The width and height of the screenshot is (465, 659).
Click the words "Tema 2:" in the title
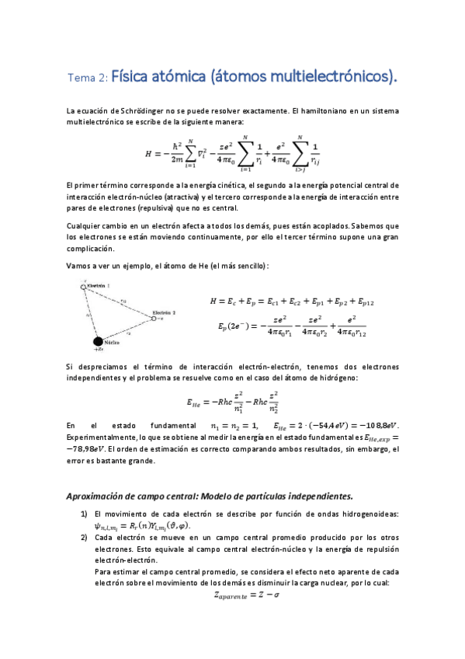pyautogui.click(x=88, y=78)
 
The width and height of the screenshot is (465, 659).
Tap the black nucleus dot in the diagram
pyautogui.click(x=98, y=340)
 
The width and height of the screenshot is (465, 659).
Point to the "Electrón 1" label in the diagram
pyautogui.click(x=99, y=286)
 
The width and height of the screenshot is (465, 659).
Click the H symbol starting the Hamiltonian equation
pyautogui.click(x=149, y=154)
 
